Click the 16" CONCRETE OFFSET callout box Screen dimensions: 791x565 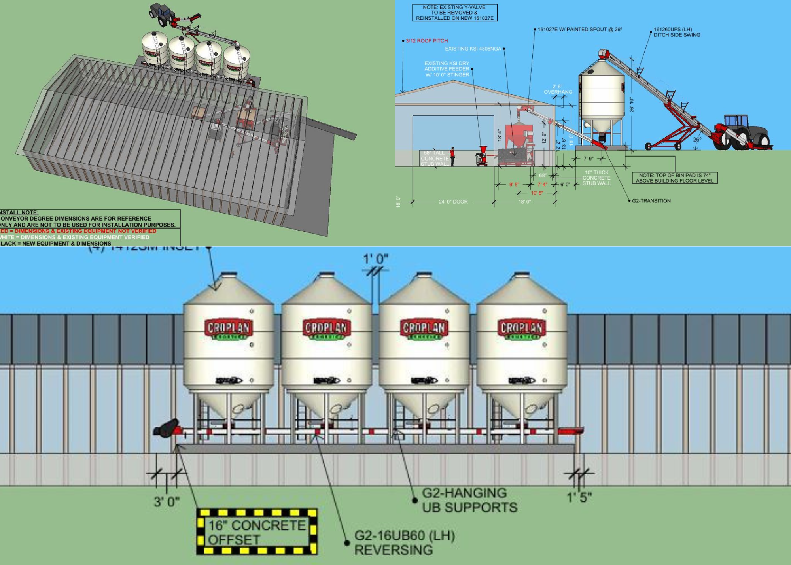click(x=257, y=532)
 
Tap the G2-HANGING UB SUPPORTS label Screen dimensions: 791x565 click(x=469, y=500)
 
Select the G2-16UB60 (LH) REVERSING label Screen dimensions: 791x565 click(x=404, y=542)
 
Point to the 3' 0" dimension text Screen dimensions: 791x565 click(x=167, y=502)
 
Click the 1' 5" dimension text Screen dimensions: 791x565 click(x=579, y=497)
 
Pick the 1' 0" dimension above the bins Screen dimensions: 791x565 click(x=376, y=259)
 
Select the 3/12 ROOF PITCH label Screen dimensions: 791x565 click(x=427, y=41)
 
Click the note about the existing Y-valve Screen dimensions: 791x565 click(x=454, y=13)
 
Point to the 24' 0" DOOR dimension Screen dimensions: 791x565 click(x=453, y=202)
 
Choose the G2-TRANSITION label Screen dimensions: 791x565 click(x=651, y=201)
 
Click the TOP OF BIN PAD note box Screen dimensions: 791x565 click(x=675, y=178)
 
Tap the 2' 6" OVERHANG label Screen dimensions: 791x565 click(x=558, y=89)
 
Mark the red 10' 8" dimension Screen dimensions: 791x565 click(x=537, y=193)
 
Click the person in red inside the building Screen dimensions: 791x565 click(x=452, y=157)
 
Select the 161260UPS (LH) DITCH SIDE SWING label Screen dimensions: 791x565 click(x=677, y=32)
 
